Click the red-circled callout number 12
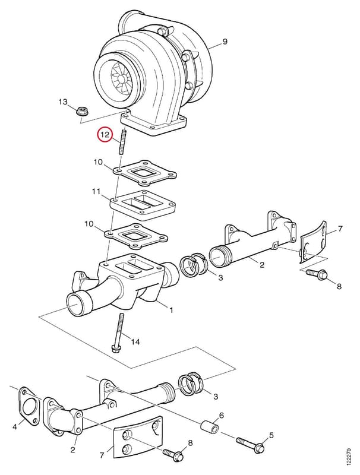click(x=105, y=135)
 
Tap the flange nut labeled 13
click(x=81, y=112)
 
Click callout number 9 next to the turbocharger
click(x=225, y=42)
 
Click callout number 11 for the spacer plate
click(x=96, y=192)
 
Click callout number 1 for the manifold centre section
click(x=171, y=310)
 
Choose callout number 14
click(x=136, y=342)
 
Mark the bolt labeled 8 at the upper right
click(x=317, y=274)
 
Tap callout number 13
click(x=63, y=102)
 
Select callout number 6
click(x=222, y=415)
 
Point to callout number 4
click(x=14, y=427)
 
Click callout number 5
click(x=271, y=435)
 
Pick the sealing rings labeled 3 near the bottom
click(x=191, y=385)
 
